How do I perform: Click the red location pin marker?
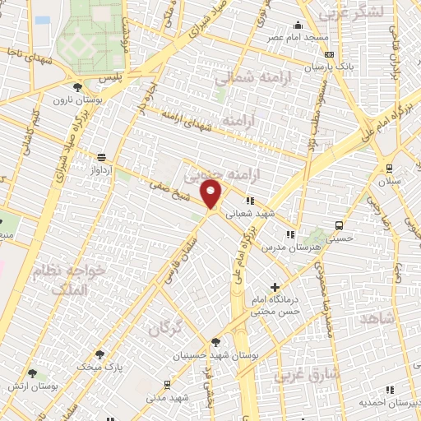coord(212,195)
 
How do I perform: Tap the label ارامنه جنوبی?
coord(216,175)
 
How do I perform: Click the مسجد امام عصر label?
coord(294,38)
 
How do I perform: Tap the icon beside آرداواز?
coord(101,157)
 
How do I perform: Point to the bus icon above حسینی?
coord(339,224)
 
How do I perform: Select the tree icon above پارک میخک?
coord(100,354)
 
